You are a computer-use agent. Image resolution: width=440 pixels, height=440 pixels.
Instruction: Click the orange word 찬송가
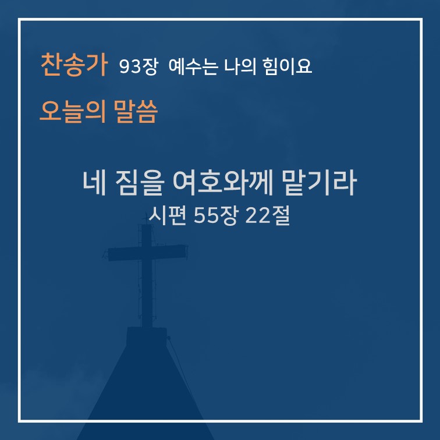[74, 65]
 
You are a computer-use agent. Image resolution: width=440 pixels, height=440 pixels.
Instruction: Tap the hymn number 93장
[139, 66]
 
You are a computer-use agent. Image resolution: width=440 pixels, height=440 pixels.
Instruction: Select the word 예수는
[193, 66]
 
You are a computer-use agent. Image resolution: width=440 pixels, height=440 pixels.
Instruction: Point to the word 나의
[240, 66]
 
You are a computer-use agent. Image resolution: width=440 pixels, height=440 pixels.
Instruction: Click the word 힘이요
[288, 66]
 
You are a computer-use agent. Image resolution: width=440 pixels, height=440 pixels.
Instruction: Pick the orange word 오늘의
[73, 111]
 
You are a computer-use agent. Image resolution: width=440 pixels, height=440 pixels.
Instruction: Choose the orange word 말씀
[136, 111]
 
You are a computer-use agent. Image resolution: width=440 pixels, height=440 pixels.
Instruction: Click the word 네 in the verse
[94, 183]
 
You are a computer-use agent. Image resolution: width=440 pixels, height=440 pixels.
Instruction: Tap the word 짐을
[140, 183]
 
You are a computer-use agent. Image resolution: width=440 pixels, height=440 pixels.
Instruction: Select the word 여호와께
[222, 183]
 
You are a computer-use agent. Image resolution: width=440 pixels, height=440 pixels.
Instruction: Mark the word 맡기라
[320, 183]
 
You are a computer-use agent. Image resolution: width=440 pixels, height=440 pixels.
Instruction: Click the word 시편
[168, 215]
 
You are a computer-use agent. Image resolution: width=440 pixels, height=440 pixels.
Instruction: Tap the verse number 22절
[267, 215]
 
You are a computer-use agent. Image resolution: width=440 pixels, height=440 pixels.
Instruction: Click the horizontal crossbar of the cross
[148, 253]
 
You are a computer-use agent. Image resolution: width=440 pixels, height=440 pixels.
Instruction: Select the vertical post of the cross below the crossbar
[147, 294]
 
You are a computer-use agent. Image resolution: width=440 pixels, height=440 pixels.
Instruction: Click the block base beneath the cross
[147, 336]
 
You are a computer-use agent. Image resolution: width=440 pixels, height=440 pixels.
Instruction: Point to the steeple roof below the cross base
[146, 393]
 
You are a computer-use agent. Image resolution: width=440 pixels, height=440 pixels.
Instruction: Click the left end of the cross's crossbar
[109, 255]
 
